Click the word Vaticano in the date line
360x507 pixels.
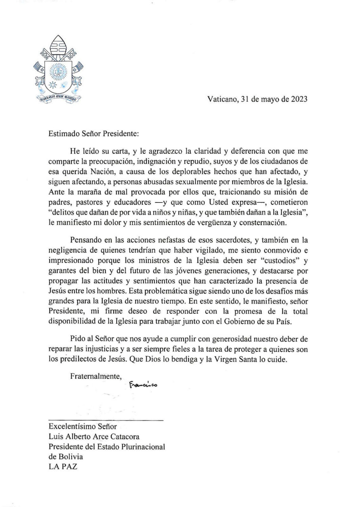pos(221,99)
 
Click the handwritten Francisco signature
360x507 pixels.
pos(143,384)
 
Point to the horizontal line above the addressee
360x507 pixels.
pos(106,419)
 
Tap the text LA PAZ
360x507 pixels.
pos(63,467)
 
